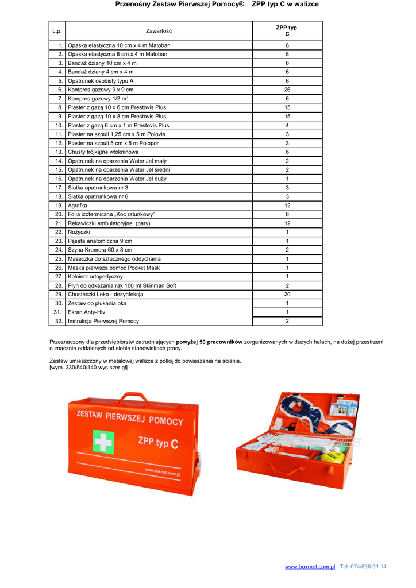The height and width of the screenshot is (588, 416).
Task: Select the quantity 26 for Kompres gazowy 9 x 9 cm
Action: point(287,90)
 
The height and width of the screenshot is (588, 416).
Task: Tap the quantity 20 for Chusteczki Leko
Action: point(287,294)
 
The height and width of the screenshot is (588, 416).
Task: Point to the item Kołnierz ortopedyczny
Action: point(95,276)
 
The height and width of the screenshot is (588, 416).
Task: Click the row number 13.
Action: point(59,152)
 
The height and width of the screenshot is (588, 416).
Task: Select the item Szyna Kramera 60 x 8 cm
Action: point(100,250)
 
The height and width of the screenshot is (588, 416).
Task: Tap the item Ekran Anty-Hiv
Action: point(87,312)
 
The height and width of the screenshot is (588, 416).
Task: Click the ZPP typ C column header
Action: point(287,31)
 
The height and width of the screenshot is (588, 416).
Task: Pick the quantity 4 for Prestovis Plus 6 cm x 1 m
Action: point(287,125)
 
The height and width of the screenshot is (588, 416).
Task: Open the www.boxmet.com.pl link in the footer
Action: point(310,567)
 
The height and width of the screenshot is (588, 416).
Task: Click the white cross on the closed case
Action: point(103,443)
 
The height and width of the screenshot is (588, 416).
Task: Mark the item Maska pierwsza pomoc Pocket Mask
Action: point(114,268)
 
